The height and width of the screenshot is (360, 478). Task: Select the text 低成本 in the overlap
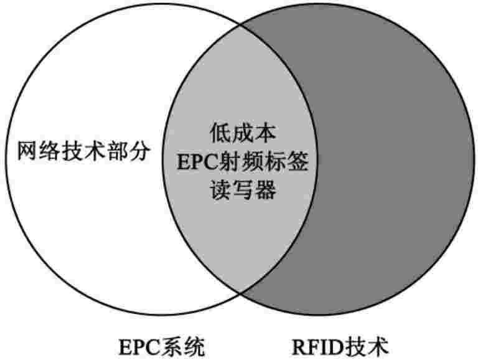238,133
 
